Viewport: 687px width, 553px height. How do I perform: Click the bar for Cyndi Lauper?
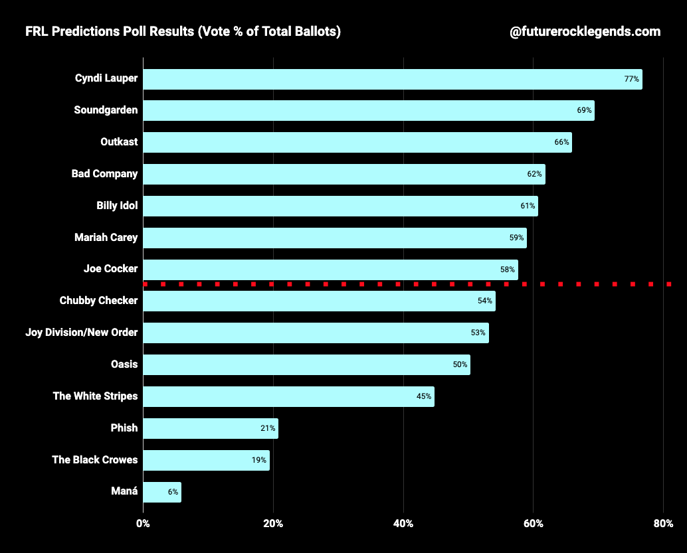[392, 79]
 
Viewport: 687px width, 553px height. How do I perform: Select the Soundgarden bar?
[368, 110]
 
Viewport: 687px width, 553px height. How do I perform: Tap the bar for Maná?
[161, 492]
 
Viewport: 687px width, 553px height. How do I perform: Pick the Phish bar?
[210, 428]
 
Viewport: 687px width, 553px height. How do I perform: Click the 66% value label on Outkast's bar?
[561, 142]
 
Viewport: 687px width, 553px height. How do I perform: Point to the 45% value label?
[424, 396]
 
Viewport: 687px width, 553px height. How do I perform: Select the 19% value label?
[259, 460]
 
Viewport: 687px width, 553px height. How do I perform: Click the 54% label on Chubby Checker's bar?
[484, 301]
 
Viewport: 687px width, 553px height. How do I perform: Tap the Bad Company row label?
[104, 174]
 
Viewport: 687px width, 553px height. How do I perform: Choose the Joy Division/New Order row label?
[81, 332]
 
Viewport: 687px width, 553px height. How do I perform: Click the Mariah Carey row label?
[106, 237]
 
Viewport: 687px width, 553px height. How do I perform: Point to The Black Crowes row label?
[95, 459]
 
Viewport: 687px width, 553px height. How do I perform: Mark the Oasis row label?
[124, 364]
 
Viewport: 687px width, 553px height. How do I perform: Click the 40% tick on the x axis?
[403, 524]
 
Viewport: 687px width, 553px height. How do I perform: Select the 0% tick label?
[143, 524]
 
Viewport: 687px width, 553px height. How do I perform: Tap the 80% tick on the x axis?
[664, 524]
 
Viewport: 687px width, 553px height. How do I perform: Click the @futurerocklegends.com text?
[585, 31]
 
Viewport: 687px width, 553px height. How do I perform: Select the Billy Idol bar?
[340, 206]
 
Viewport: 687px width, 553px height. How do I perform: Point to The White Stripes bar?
[288, 396]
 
